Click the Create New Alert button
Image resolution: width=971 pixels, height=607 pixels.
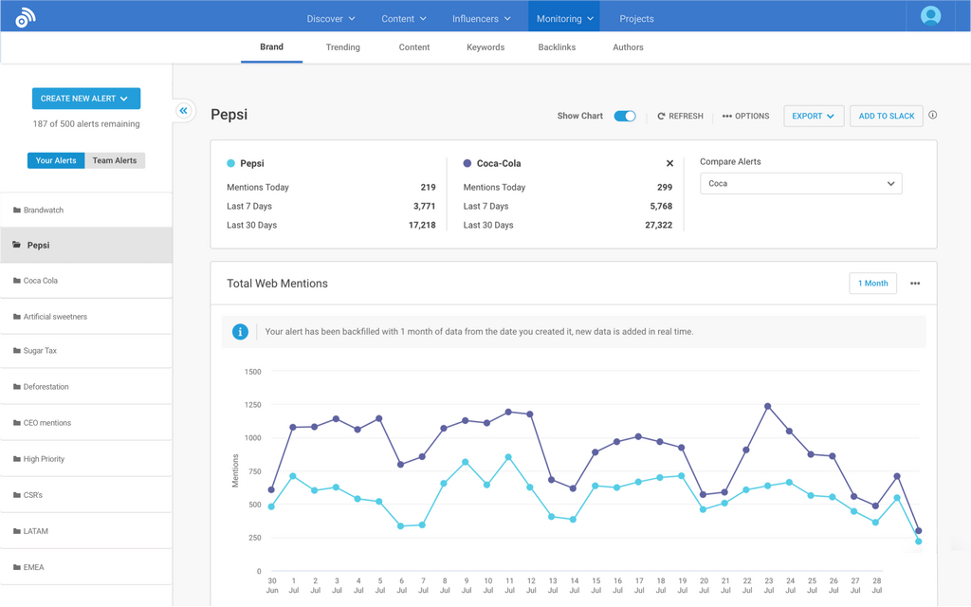85,99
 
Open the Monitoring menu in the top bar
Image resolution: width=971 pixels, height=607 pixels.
564,18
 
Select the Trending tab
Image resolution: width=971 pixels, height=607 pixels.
342,47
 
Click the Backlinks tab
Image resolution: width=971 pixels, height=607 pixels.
557,47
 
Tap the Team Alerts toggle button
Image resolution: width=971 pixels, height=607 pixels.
115,160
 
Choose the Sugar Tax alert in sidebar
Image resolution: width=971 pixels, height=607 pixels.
40,351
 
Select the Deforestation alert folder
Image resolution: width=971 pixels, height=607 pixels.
46,387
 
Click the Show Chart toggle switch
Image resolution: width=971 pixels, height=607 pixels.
625,116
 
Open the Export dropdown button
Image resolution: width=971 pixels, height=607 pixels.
814,116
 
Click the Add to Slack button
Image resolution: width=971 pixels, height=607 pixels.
887,116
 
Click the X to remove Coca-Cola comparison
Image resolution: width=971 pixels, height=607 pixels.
669,163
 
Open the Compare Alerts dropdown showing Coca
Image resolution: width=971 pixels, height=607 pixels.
800,183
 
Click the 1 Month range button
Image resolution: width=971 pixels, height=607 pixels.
872,284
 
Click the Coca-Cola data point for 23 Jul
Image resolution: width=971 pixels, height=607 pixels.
768,406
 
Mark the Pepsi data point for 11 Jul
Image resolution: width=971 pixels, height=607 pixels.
509,457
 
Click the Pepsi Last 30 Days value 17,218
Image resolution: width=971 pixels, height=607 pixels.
422,225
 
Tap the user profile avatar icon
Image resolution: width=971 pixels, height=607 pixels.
930,16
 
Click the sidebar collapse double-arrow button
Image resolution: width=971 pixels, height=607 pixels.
184,111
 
